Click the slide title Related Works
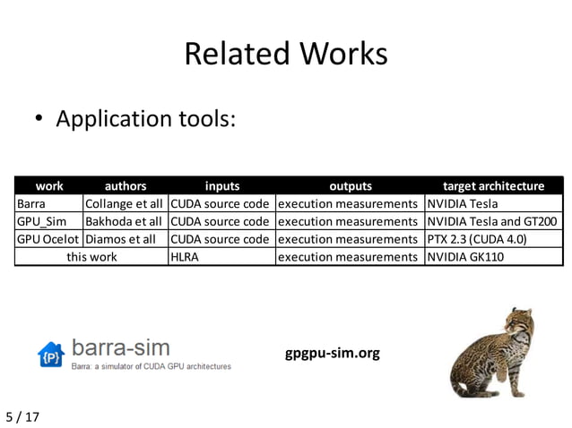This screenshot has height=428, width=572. pos(285,54)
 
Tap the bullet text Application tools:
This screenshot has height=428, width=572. pos(146,118)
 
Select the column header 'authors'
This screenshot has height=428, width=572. pos(126,186)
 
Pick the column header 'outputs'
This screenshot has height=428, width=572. pos(350,186)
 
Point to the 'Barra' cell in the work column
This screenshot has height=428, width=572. pos(30,203)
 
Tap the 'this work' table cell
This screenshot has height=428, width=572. pos(91,257)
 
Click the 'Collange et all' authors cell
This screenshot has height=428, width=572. pos(124,203)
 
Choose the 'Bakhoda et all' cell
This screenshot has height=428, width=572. pos(124,221)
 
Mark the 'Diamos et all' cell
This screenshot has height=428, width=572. pos(120,239)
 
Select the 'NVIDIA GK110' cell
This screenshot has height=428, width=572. pos(465,257)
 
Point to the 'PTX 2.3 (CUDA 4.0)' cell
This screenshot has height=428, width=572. pos(476,239)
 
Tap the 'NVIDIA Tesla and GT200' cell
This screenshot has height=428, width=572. pos(492,221)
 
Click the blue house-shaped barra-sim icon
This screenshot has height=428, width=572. pos(51,355)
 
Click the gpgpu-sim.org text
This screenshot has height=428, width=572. pos(332,353)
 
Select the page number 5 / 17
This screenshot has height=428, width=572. pos(22,416)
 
